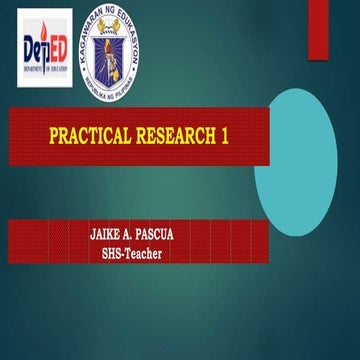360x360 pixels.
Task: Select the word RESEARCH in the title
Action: pyautogui.click(x=171, y=135)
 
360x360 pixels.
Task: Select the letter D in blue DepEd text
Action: pyautogui.click(x=29, y=47)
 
